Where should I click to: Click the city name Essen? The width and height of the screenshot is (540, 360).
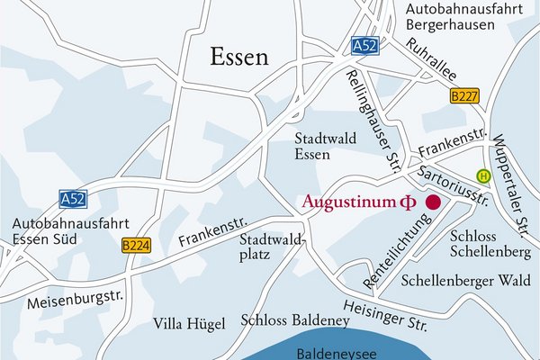click(x=239, y=57)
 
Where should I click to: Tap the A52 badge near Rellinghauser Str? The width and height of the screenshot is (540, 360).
click(x=364, y=45)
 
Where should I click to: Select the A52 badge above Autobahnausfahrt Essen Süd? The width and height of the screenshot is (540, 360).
click(x=73, y=197)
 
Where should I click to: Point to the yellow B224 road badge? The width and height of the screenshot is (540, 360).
click(x=134, y=244)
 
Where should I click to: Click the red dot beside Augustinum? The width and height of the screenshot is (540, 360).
click(x=433, y=202)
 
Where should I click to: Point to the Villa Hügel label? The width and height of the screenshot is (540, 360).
click(x=188, y=322)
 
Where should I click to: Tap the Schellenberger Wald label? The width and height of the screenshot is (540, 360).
click(x=465, y=280)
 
